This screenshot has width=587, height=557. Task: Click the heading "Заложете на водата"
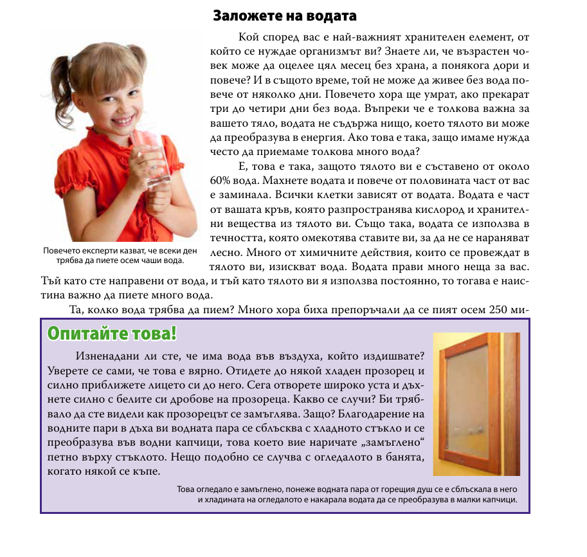pyautogui.click(x=284, y=15)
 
